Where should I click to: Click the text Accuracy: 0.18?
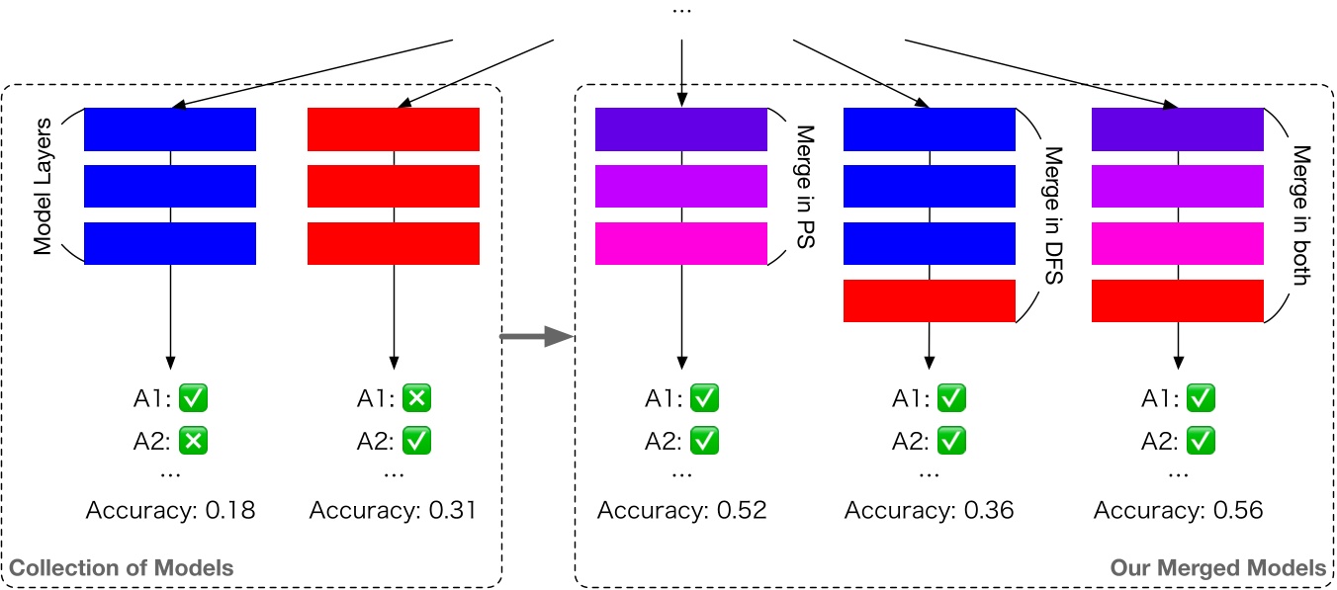(171, 511)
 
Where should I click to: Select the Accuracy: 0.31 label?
(393, 511)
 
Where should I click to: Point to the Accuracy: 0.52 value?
(681, 511)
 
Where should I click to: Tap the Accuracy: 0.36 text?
(929, 511)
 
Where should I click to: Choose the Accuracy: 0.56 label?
(1178, 511)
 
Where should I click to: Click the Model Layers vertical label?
(43, 187)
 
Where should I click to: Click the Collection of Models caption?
(122, 568)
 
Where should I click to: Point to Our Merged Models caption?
(1217, 568)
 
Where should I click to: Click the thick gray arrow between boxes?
(536, 339)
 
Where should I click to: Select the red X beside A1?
(417, 399)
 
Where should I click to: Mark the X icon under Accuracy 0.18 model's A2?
(194, 441)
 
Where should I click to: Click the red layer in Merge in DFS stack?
(929, 300)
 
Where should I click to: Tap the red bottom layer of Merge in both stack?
(1178, 300)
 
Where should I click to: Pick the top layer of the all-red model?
(394, 129)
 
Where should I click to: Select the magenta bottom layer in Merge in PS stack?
(681, 244)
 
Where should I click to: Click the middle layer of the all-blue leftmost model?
(170, 187)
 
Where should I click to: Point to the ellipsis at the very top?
(681, 10)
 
